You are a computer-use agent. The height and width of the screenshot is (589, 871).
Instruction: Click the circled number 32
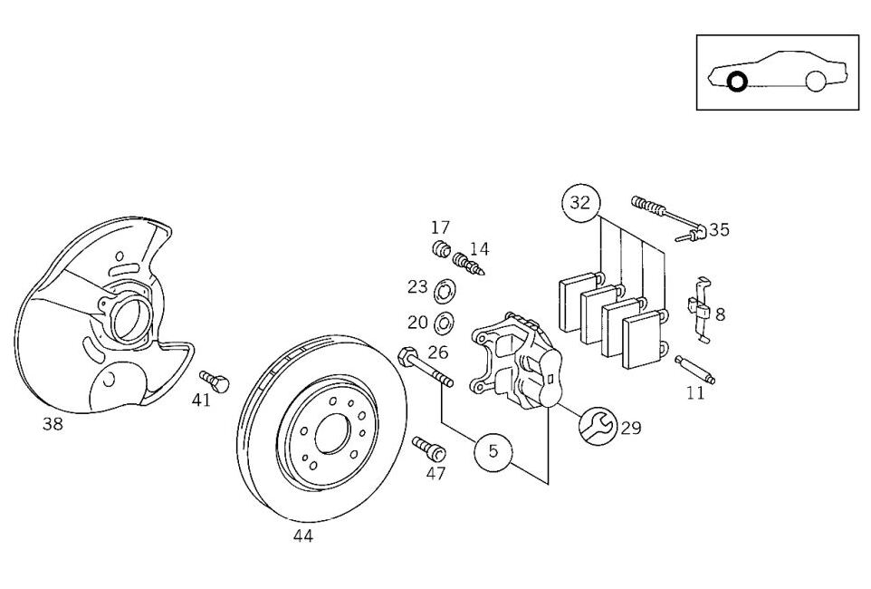580,203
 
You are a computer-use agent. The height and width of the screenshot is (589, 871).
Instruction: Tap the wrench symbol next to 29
598,425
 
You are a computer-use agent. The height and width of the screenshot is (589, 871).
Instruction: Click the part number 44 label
302,536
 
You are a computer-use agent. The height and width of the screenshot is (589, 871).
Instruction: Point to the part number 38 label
53,424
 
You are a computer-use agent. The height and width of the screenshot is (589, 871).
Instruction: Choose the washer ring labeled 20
445,322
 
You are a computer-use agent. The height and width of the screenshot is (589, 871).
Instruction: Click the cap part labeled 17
442,249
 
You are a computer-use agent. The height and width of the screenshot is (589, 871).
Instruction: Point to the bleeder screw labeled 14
471,262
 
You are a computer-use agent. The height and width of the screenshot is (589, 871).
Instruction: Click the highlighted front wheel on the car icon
737,82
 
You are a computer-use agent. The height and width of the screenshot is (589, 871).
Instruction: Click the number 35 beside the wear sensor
719,229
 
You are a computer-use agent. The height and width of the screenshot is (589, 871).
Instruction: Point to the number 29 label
631,428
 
